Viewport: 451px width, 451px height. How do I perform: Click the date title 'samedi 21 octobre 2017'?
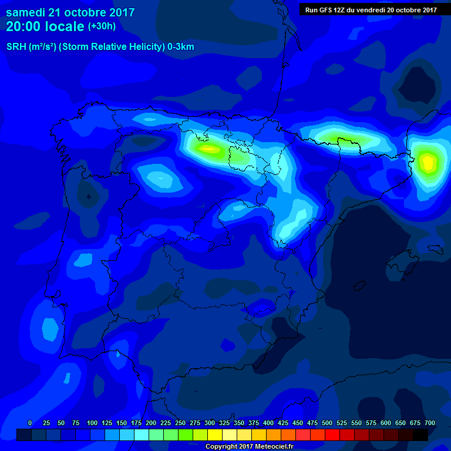tap(70, 12)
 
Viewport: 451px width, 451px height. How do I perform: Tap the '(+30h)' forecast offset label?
tap(102, 26)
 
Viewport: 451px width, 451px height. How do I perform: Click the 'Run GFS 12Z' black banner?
tap(371, 9)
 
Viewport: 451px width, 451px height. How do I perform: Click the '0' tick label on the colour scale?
tap(30, 423)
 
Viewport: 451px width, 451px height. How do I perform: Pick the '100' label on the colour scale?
tap(92, 423)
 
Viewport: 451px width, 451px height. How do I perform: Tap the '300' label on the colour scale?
tap(210, 423)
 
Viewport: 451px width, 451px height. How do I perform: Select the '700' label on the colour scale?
tap(430, 423)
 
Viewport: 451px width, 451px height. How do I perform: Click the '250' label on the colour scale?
tap(180, 423)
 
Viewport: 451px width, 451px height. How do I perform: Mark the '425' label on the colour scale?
tap(283, 423)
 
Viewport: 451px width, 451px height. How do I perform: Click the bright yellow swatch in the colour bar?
tap(215, 435)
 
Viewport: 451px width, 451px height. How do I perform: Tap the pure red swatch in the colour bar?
tap(332, 435)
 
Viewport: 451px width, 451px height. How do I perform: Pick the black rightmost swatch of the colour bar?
tap(420, 435)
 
